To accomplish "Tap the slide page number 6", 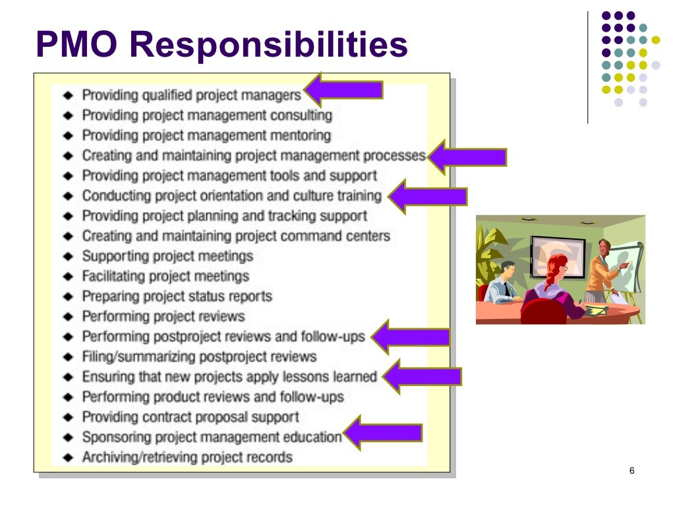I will pos(631,470).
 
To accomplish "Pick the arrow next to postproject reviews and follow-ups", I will pos(411,337).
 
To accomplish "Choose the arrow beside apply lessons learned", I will pos(423,377).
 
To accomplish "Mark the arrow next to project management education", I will pos(383,433).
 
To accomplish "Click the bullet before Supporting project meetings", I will pos(68,256).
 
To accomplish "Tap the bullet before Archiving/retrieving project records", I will pos(68,457).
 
